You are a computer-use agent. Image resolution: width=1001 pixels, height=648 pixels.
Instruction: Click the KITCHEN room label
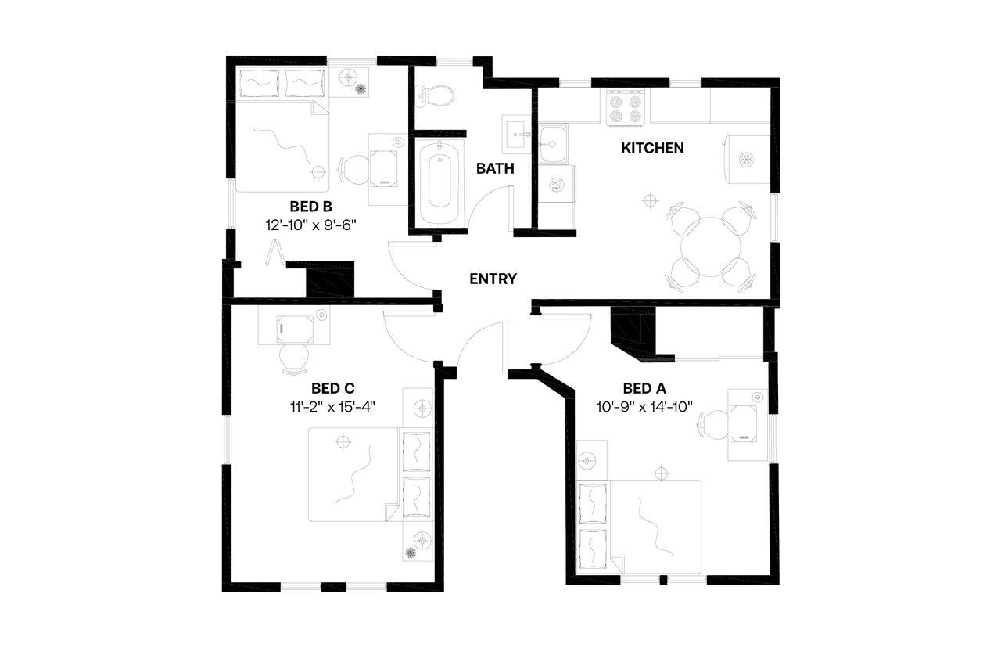pos(652,148)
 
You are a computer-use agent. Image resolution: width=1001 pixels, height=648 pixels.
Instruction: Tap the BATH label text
pos(495,167)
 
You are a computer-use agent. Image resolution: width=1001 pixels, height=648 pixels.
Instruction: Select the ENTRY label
pos(493,279)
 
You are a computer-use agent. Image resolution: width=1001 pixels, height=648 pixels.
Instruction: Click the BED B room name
pos(311,207)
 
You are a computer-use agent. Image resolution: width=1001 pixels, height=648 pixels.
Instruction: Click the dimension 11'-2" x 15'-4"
pos(333,406)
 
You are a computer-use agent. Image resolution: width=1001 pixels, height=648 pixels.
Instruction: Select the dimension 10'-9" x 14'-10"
pos(644,406)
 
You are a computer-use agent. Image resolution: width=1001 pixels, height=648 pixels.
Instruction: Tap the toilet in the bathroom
pos(435,95)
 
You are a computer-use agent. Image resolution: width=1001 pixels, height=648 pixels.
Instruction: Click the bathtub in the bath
pos(440,182)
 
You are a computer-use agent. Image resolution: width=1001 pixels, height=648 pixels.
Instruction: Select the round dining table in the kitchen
pos(711,247)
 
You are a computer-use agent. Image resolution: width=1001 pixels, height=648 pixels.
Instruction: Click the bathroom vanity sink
pos(517,134)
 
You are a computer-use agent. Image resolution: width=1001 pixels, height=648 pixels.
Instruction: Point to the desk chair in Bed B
pos(356,168)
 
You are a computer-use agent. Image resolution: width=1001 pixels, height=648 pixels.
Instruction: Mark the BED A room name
pos(644,388)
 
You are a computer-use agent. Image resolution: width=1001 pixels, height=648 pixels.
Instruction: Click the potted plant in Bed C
pos(410,553)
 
